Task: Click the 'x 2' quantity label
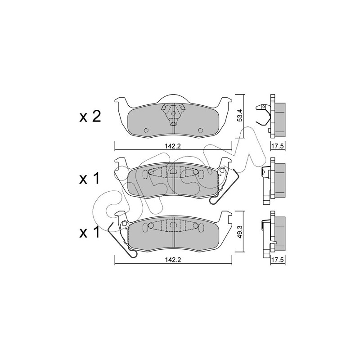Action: pos(90,117)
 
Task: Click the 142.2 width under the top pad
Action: pos(173,146)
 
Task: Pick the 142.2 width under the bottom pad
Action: pos(173,260)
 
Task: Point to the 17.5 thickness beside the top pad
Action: pos(278,146)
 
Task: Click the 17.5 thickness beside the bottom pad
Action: pos(278,260)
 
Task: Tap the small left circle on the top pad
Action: pos(146,130)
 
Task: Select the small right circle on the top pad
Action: pos(200,130)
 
